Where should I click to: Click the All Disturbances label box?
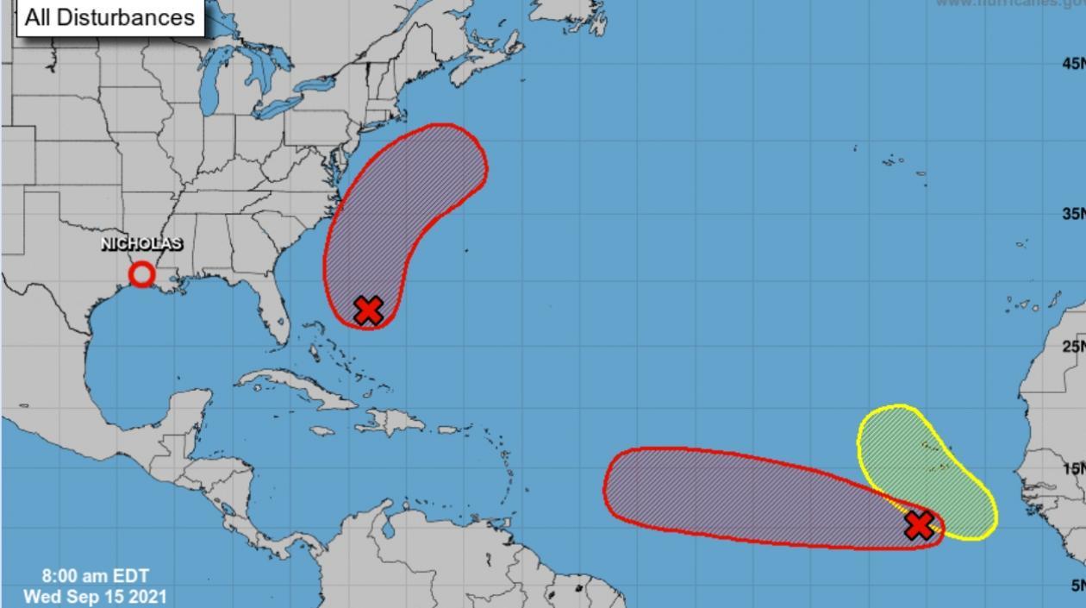109,17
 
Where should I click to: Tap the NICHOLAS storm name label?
142,244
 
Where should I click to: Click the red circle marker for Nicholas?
142,274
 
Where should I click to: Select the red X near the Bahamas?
368,310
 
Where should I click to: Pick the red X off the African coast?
920,524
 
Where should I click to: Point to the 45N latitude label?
1073,64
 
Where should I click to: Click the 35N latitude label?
1073,214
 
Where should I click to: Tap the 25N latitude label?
1073,347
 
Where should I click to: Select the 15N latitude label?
1073,469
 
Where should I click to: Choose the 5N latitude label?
1076,586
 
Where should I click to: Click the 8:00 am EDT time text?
95,576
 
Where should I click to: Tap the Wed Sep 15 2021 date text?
95,596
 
